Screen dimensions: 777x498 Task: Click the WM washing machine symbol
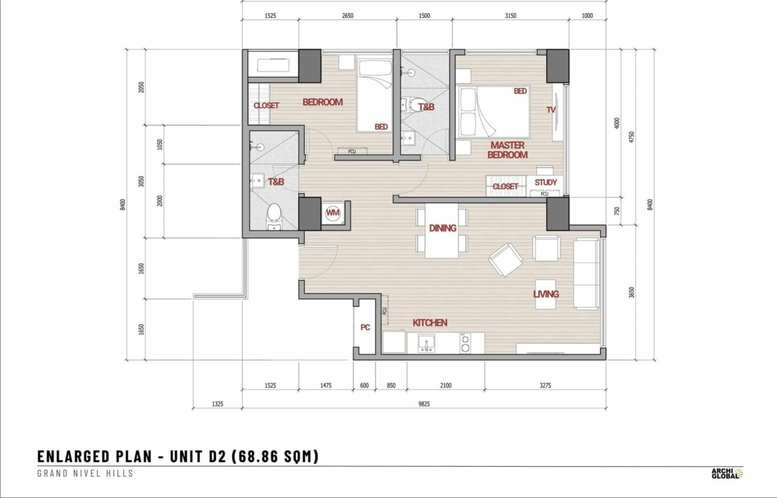(x=333, y=213)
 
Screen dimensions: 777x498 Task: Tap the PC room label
(x=365, y=327)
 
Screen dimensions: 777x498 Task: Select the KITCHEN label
(x=430, y=323)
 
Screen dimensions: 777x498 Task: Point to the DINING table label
(x=443, y=228)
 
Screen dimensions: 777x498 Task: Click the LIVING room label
(x=546, y=294)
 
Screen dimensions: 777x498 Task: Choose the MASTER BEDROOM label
(x=508, y=150)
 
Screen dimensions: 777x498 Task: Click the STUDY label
(x=545, y=182)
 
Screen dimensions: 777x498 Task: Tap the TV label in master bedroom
(x=551, y=110)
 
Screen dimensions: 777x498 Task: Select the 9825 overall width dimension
(x=424, y=404)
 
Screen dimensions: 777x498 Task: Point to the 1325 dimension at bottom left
(x=217, y=404)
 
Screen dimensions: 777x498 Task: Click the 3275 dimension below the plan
(x=545, y=385)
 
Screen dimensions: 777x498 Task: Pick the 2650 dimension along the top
(x=348, y=16)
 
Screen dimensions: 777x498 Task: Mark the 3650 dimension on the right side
(x=632, y=292)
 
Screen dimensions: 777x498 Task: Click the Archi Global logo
(x=727, y=473)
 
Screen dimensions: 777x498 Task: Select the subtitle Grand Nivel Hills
(x=85, y=473)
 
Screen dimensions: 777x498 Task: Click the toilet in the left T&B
(x=273, y=217)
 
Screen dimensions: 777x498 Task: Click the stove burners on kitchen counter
(x=465, y=343)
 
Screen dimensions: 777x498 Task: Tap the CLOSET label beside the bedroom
(x=266, y=106)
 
